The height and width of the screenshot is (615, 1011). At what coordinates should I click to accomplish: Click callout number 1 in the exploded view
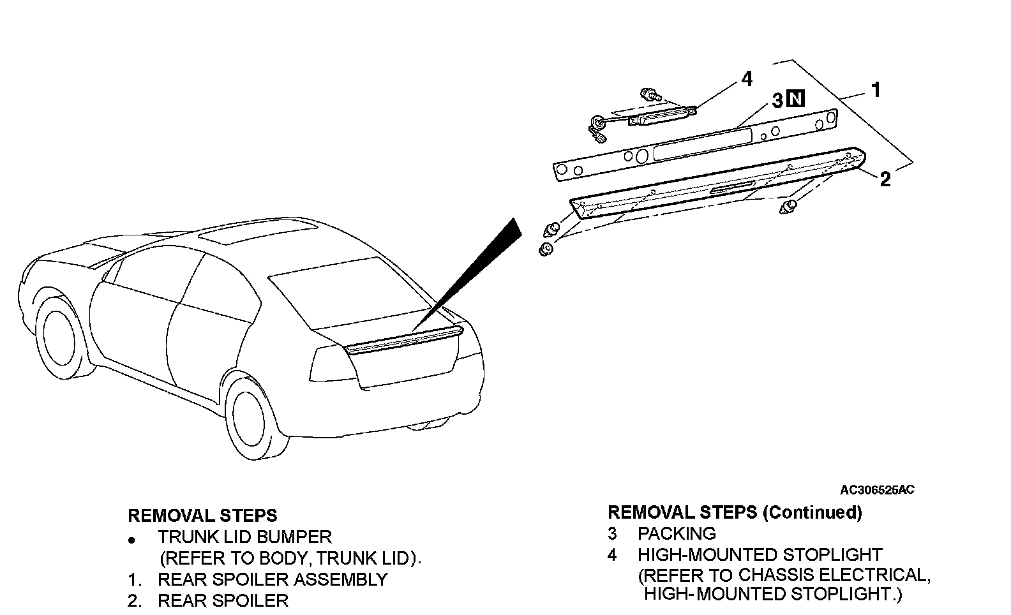876,90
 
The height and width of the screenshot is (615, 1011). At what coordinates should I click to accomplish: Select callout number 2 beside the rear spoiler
885,179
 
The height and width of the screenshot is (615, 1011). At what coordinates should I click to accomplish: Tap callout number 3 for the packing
777,100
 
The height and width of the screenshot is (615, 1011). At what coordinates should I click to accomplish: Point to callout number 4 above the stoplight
746,79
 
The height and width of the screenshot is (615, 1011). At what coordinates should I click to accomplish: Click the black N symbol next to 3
795,100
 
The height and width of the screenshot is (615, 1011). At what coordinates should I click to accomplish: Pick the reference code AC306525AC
877,490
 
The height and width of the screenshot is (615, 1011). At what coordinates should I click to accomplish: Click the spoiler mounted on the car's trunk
402,338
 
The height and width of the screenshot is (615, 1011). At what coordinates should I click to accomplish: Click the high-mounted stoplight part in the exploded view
661,115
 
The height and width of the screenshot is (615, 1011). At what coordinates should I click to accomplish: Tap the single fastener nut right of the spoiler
789,207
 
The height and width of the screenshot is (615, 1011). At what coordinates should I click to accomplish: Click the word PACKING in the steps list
677,533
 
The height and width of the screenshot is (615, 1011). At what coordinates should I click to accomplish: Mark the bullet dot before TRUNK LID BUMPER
131,540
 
